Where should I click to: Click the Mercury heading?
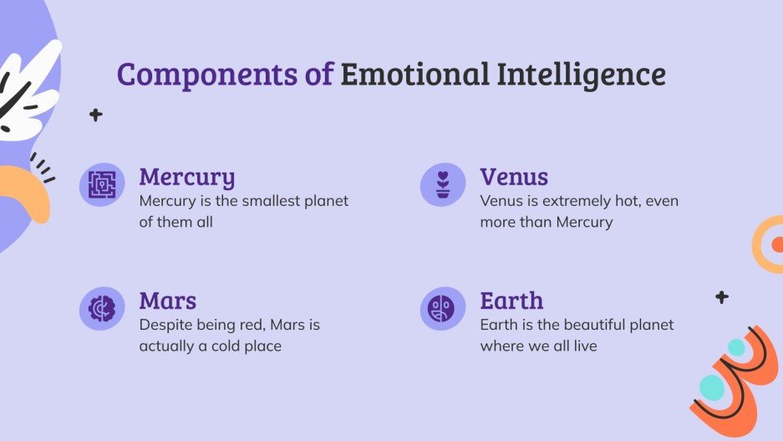coord(186,177)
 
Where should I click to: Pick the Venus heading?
coord(514,177)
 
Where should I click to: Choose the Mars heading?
coord(167,300)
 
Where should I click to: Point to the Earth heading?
coord(511,300)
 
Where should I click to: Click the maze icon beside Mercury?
coord(102,184)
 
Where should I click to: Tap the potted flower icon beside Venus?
coord(443,184)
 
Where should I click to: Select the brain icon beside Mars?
coord(102,308)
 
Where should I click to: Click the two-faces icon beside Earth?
coord(443,308)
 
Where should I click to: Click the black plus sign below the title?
coord(96,115)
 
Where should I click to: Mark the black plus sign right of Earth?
coord(722,297)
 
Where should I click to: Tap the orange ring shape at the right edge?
coord(766,244)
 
